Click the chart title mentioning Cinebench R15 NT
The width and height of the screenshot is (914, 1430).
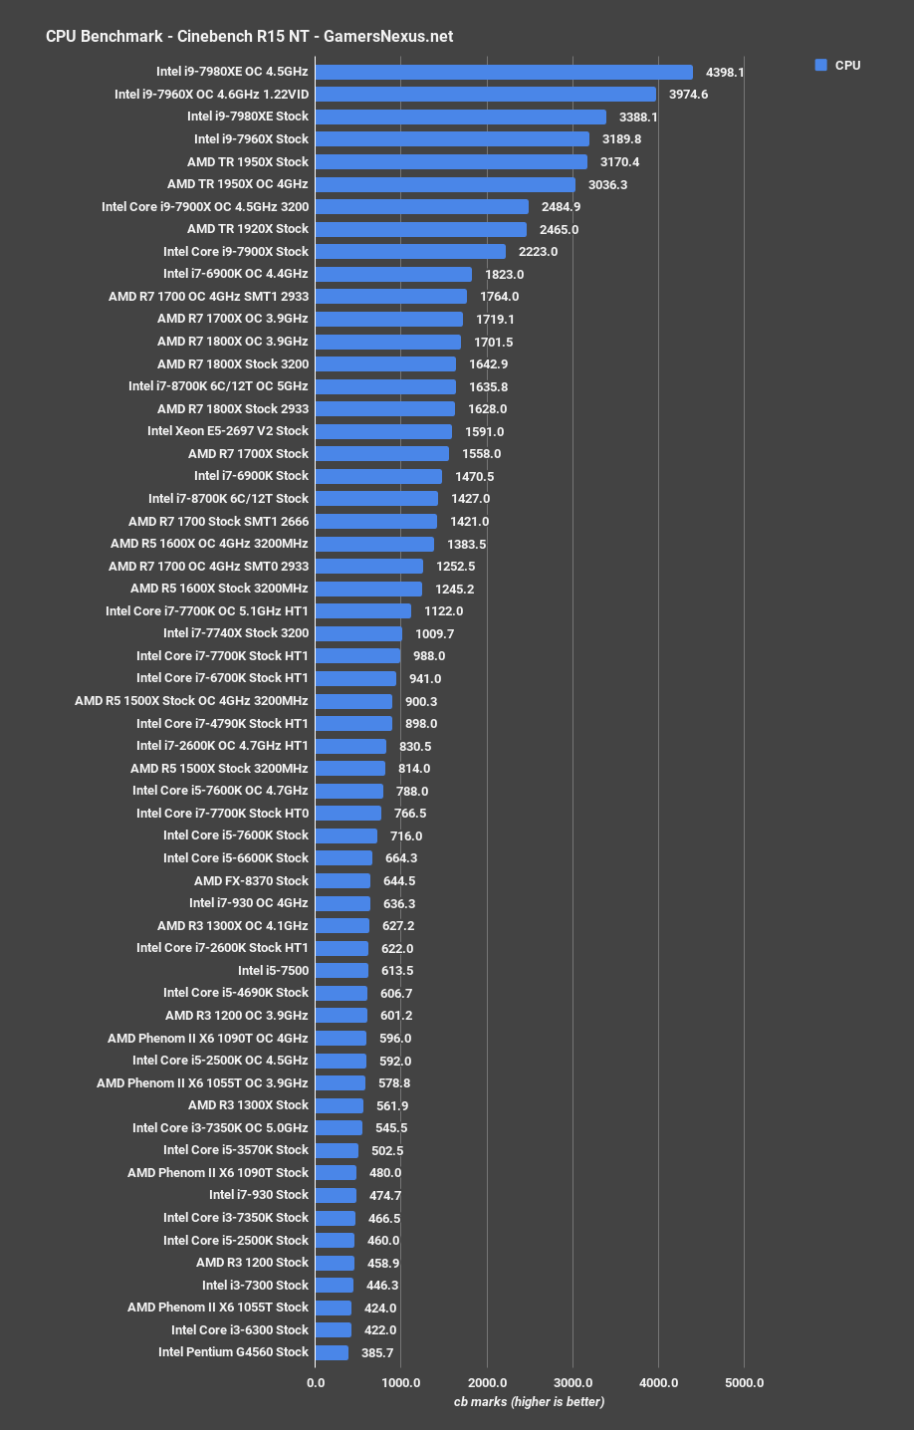[x=249, y=37]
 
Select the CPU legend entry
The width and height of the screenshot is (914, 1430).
[x=837, y=66]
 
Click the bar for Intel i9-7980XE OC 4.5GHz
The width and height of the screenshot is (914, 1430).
[x=504, y=72]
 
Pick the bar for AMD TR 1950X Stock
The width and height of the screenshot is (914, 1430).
[x=451, y=161]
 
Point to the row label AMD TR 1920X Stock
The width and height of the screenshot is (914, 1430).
[x=248, y=229]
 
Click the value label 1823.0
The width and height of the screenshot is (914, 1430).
[x=504, y=275]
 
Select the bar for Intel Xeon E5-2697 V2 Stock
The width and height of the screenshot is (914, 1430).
[x=383, y=431]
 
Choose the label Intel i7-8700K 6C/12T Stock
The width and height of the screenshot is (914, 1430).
[x=228, y=499]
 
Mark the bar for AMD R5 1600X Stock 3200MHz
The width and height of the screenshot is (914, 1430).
[x=368, y=589]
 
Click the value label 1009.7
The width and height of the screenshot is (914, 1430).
[x=434, y=633]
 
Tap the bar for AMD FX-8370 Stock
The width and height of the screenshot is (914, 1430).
[x=343, y=881]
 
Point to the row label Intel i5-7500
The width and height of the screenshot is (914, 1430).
[x=273, y=971]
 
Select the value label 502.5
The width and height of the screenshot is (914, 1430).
[x=389, y=1151]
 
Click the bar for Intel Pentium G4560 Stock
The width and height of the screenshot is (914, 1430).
[x=332, y=1352]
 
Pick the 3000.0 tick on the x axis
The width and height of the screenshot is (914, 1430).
[x=573, y=1382]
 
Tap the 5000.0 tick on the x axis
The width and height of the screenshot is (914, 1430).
[x=745, y=1382]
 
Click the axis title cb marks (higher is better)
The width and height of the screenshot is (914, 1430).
[x=529, y=1402]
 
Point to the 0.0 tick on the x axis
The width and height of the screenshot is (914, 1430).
[x=316, y=1382]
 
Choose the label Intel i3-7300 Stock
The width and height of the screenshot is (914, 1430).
[x=255, y=1286]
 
